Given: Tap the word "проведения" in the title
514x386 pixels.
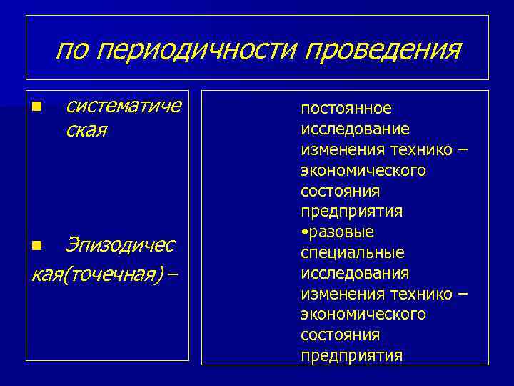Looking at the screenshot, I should (383, 51).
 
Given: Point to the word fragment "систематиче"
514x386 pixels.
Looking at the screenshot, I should (123, 107).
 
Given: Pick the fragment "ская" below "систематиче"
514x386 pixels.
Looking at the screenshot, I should (86, 131).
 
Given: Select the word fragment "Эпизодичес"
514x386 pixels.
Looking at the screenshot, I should (119, 245).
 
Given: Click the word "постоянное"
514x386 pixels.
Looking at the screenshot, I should (346, 108).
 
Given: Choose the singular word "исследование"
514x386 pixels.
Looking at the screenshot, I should (355, 129).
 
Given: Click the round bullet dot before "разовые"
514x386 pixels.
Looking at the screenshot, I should (304, 231).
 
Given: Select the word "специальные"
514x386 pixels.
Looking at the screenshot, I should (353, 253).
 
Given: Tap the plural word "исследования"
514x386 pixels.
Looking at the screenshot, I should (355, 273).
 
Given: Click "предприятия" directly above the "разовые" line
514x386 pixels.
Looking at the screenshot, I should (351, 212).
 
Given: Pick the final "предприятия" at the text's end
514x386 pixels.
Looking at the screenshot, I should (351, 355).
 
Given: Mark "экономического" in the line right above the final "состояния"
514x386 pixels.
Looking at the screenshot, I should (363, 314).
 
